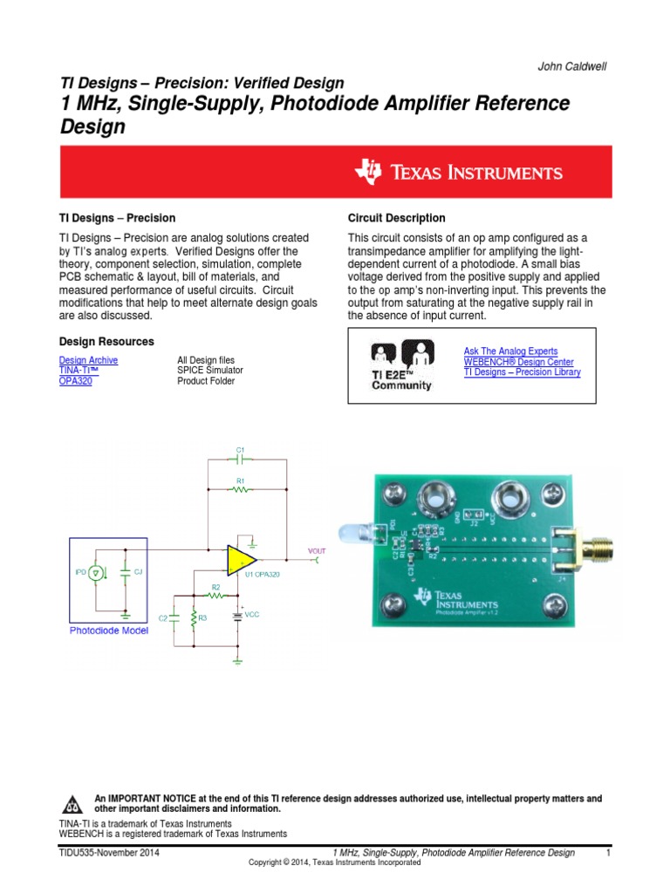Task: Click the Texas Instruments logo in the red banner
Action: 458,172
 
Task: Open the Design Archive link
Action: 88,360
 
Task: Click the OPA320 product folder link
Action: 75,381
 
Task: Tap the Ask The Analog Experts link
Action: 510,351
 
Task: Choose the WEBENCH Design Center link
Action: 518,362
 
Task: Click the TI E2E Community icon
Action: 401,365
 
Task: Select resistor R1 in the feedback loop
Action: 240,489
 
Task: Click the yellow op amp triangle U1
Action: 241,560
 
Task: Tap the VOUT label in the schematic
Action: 317,551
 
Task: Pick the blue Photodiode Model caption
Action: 109,631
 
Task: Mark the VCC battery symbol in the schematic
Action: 237,615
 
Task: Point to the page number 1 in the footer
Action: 607,853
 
